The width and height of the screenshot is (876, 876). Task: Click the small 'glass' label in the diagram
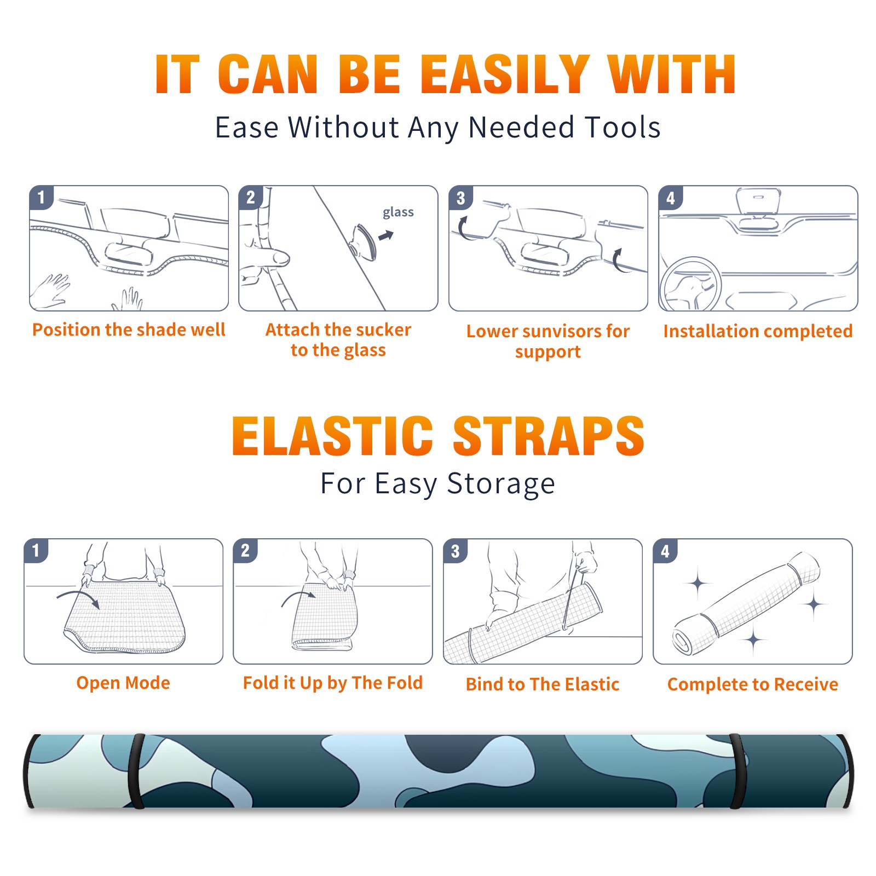[398, 212]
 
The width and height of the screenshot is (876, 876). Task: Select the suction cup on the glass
[363, 242]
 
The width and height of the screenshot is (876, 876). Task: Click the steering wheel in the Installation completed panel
[690, 285]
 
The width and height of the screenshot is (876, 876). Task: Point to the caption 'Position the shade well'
[129, 330]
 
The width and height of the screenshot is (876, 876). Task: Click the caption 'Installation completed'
[758, 331]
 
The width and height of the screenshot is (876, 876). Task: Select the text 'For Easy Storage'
[438, 483]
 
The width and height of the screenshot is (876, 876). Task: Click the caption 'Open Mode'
[123, 683]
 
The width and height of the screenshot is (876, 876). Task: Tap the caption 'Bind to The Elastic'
[542, 684]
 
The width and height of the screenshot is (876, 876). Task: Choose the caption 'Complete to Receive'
[753, 684]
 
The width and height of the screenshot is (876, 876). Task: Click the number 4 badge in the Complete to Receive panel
[665, 551]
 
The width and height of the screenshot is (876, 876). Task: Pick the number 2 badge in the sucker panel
[251, 198]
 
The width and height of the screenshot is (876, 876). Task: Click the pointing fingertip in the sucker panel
[281, 257]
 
